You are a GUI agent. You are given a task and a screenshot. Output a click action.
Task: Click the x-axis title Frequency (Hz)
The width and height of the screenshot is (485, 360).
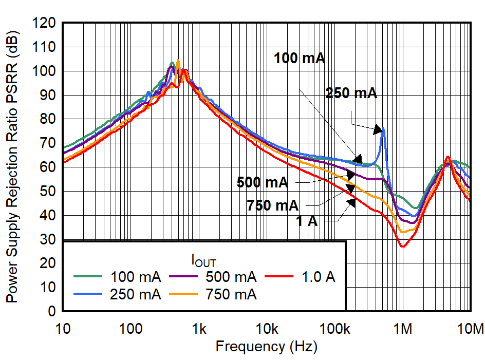coord(266,346)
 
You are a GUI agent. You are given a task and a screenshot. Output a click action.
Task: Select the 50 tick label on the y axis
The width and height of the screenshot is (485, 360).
coord(49,191)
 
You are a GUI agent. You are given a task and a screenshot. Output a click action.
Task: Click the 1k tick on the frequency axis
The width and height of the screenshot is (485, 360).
coord(199,328)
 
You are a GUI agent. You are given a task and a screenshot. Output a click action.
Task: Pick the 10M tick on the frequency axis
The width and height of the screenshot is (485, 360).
coord(471,328)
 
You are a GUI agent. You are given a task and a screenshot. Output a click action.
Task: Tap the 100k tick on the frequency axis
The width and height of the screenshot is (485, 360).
coord(335,328)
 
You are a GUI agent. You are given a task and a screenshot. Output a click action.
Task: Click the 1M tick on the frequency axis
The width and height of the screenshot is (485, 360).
coord(403,328)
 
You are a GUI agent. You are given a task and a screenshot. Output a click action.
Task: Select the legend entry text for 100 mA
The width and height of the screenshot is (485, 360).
coord(136,277)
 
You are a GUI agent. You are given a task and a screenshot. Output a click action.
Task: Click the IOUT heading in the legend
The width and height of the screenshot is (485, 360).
coord(207,261)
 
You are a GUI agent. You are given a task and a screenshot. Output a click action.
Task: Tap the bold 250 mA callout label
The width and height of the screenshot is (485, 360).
coord(351,93)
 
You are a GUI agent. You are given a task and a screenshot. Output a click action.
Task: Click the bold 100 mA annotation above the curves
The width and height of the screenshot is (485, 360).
coord(300,58)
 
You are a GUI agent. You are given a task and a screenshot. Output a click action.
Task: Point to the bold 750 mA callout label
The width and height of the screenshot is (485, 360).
coord(272,206)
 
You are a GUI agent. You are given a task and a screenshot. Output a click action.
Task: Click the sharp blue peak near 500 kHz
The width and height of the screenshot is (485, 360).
coord(383,128)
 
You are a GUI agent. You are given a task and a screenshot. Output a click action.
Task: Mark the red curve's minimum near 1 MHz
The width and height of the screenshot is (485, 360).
coord(403,247)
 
